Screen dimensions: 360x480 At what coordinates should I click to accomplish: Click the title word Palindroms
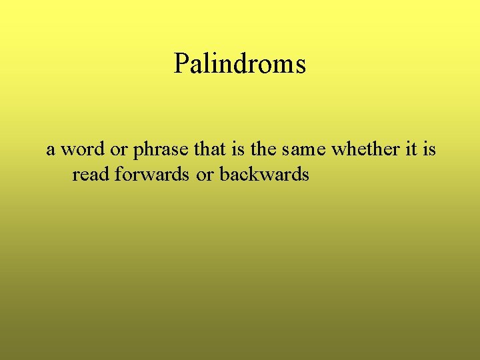tap(240, 64)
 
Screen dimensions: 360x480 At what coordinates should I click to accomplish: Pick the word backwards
tap(264, 175)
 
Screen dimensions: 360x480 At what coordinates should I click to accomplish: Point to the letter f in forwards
tap(118, 175)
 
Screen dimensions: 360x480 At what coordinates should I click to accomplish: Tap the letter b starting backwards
tap(224, 175)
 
